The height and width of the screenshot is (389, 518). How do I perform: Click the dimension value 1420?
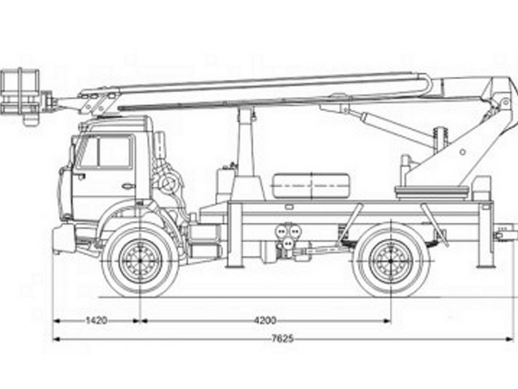[x=96, y=320]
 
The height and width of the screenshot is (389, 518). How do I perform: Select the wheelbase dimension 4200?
[x=265, y=320]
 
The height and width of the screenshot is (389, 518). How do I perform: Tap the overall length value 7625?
[x=282, y=338]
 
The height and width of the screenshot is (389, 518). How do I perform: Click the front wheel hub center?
[x=141, y=261]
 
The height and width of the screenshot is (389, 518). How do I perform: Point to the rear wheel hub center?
[x=391, y=261]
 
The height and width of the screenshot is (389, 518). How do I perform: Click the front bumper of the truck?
[x=63, y=238]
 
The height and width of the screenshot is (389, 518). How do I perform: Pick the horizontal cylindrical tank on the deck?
[x=311, y=185]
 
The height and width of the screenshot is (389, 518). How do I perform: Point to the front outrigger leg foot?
[x=234, y=265]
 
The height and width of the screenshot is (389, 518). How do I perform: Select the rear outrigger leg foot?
[x=486, y=265]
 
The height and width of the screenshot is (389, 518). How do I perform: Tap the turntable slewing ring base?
[x=433, y=192]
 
